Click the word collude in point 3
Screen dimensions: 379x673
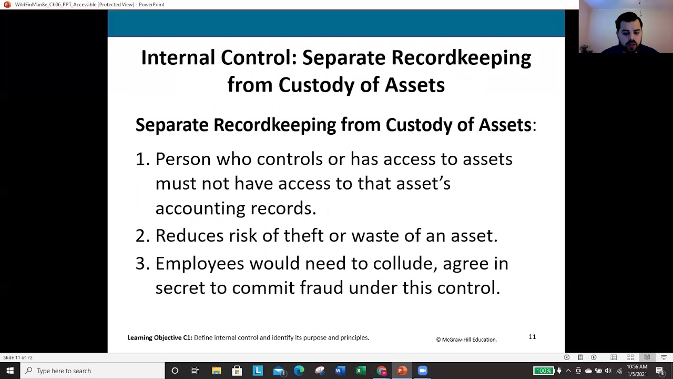point(404,263)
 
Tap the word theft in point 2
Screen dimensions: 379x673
point(303,235)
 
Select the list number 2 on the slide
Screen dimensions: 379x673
point(142,235)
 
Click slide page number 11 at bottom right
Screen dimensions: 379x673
point(532,337)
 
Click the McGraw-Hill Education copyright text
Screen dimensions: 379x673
point(466,340)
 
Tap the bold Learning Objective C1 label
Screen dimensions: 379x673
point(160,337)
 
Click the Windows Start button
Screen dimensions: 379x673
point(9,371)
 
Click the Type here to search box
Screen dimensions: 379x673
point(95,371)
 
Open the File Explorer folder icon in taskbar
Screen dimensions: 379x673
point(216,371)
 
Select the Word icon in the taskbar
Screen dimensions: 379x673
point(340,371)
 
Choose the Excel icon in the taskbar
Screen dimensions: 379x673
point(360,371)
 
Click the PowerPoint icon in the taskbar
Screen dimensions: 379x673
point(402,371)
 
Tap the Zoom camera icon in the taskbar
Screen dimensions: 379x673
point(422,371)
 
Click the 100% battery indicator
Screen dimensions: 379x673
point(543,371)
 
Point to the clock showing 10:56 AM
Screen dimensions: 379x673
point(637,367)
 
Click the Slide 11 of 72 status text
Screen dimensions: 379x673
point(18,357)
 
